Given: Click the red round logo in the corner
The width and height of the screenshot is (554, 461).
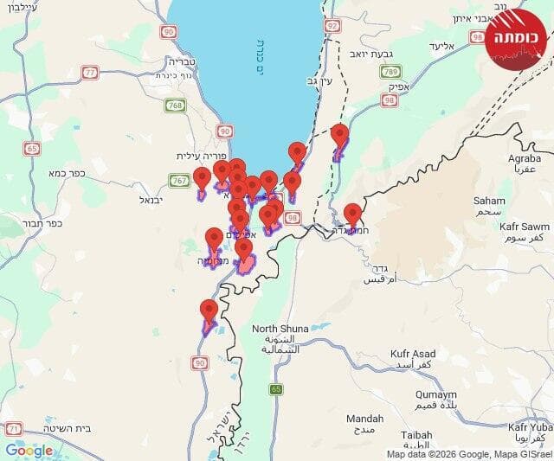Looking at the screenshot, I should [x=518, y=38].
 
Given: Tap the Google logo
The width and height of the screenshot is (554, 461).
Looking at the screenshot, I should [x=29, y=450].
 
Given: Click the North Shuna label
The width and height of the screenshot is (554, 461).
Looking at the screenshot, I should [x=279, y=329].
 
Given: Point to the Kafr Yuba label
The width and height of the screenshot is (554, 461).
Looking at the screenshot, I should [x=530, y=427].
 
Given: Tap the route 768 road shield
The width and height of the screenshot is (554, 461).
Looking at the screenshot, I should [x=176, y=106].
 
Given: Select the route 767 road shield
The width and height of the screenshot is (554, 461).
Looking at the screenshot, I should [x=180, y=181].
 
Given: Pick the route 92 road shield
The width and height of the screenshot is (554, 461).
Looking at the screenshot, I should [x=332, y=26].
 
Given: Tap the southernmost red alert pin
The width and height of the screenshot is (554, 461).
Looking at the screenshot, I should [x=209, y=311].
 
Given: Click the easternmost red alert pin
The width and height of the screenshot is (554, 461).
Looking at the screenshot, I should [x=352, y=214].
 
